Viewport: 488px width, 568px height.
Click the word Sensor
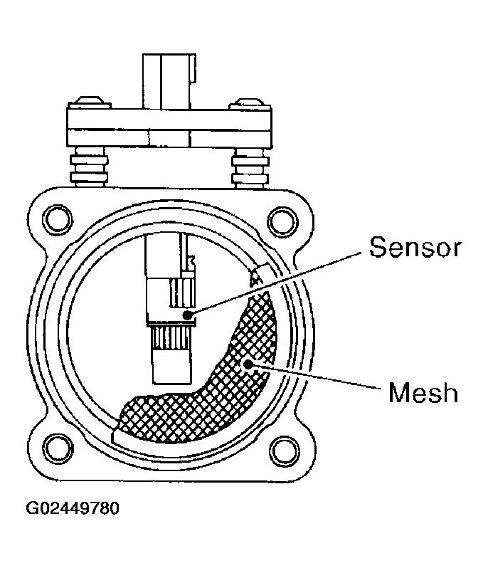tap(415, 248)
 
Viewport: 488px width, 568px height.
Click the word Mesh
tap(423, 392)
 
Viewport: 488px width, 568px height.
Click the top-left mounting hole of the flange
tap(55, 216)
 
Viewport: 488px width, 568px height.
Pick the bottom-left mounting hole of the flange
tap(55, 448)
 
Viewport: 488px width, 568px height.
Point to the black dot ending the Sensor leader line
tap(186, 314)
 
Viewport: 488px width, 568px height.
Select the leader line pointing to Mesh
tap(313, 377)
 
